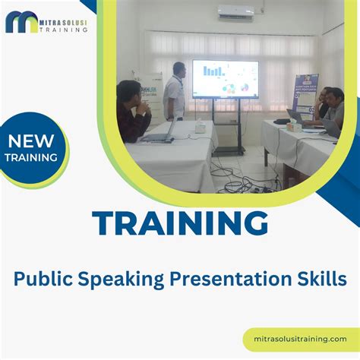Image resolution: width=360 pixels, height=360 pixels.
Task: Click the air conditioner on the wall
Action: click(x=235, y=12)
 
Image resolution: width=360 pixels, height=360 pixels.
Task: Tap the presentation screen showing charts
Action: click(x=225, y=80)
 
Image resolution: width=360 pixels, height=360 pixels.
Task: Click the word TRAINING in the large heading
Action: click(x=180, y=224)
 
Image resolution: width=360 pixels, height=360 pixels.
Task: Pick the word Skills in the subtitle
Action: click(x=322, y=278)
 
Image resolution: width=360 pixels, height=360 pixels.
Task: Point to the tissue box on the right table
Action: click(x=282, y=120)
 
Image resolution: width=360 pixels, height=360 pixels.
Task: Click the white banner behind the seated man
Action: click(x=149, y=95)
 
